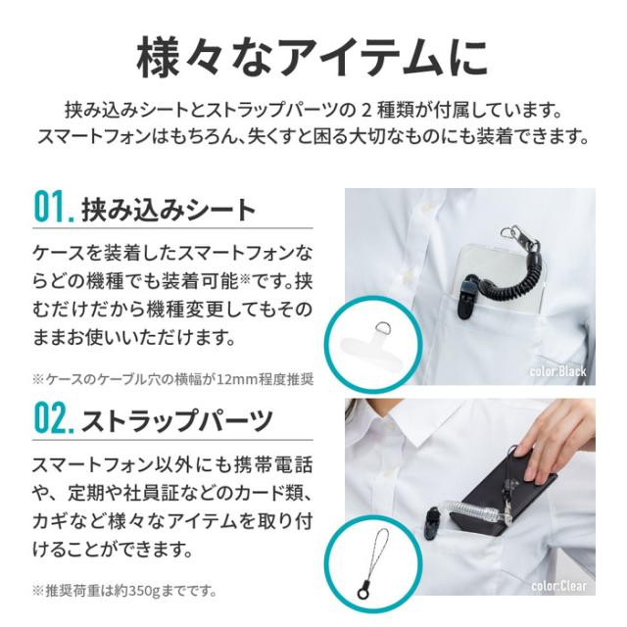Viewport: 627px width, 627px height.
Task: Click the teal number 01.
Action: click(53, 207)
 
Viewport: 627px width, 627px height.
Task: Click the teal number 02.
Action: click(54, 418)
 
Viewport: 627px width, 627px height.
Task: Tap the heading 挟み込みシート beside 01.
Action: click(169, 210)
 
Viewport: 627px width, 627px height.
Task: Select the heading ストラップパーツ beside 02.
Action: click(177, 420)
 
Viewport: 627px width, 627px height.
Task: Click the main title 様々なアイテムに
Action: click(313, 58)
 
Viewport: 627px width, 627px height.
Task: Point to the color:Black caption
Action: click(558, 371)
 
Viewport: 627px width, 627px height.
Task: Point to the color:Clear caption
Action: click(558, 586)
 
